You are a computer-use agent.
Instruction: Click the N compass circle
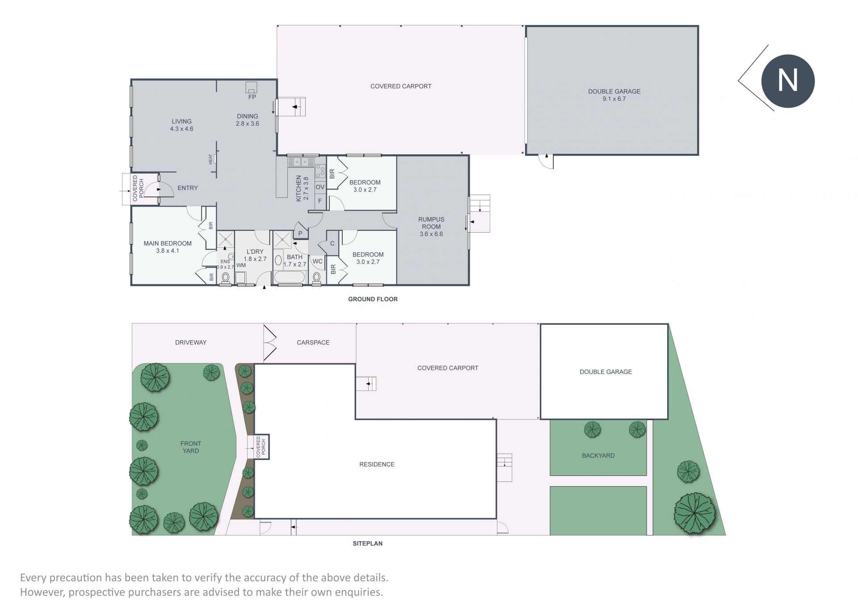[x=788, y=81]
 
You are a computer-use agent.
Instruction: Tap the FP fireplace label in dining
[x=252, y=97]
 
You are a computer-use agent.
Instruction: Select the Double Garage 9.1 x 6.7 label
[x=614, y=95]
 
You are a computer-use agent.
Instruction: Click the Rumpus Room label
[x=431, y=223]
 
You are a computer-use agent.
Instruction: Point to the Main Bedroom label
[x=168, y=243]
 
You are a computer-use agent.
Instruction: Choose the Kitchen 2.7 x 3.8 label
[x=303, y=188]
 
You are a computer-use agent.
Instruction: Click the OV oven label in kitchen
[x=320, y=187]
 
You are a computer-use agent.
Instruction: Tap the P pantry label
[x=300, y=233]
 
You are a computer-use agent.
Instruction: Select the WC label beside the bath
[x=318, y=261]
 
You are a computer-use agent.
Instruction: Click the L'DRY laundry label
[x=255, y=251]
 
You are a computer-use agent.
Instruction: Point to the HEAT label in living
[x=210, y=159]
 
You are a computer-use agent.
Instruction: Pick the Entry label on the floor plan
[x=188, y=188]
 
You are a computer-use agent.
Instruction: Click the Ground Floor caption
[x=373, y=299]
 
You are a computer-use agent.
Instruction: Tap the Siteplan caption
[x=367, y=543]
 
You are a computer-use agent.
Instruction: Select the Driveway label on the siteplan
[x=191, y=343]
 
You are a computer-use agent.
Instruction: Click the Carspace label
[x=313, y=343]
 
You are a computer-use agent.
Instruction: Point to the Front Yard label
[x=191, y=447]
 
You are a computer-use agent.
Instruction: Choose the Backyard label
[x=598, y=455]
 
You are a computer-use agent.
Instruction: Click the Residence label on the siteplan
[x=377, y=464]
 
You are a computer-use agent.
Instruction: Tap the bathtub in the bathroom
[x=289, y=277]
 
